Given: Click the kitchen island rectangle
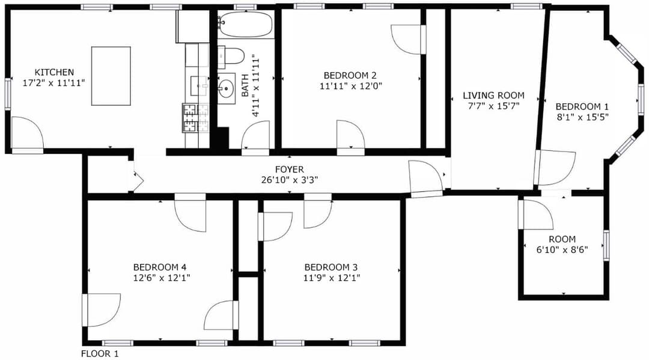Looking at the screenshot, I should coord(111,76).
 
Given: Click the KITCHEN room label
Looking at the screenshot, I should coord(54,72).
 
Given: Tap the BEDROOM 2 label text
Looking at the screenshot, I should coord(350,75).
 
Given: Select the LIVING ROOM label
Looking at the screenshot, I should coord(493,95).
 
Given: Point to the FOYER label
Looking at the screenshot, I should coord(289,169).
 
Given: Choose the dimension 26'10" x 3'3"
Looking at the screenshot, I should coord(289,180).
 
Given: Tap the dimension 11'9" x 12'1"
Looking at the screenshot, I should coord(332,278).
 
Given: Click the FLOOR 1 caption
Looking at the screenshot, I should coord(100,354).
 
